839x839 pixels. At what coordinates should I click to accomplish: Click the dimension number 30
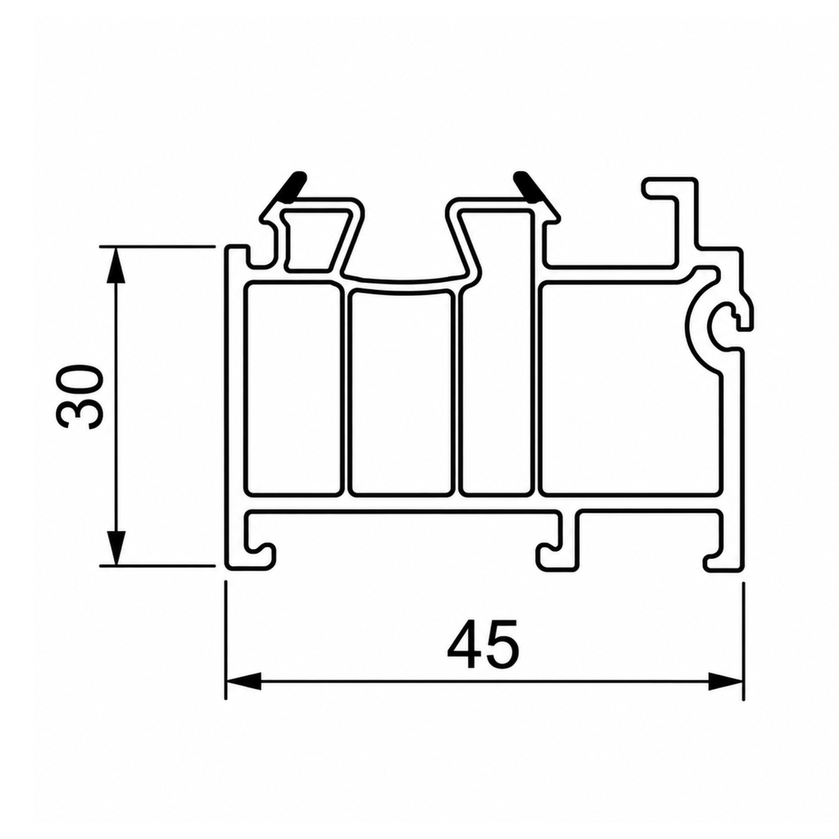(78, 397)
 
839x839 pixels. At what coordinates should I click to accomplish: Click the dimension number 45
(483, 645)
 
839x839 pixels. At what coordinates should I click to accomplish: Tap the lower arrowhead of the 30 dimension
(116, 547)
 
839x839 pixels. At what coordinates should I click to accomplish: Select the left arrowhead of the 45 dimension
(243, 682)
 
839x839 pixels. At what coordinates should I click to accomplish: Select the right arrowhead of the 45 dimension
(726, 682)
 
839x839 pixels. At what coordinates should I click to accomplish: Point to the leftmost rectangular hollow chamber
(293, 388)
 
